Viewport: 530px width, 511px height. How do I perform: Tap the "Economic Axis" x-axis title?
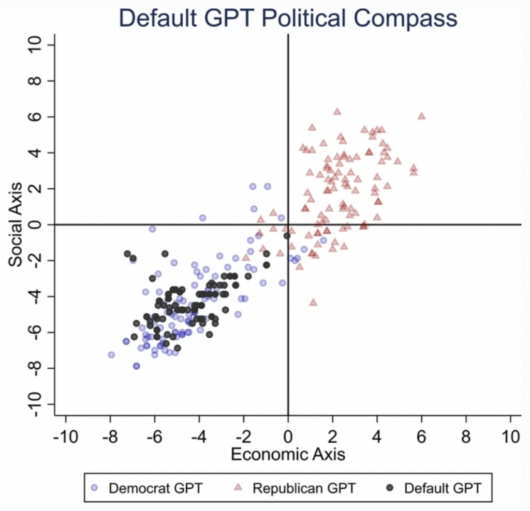click(288, 455)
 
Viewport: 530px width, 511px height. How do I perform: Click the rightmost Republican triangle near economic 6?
click(422, 116)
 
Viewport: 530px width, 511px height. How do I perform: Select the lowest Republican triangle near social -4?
click(313, 302)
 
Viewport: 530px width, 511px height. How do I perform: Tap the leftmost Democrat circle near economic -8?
click(111, 355)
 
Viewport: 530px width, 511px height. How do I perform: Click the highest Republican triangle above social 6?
click(337, 111)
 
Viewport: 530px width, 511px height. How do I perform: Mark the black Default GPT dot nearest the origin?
click(287, 236)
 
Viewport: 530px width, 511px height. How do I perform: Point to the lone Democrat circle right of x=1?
click(323, 241)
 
